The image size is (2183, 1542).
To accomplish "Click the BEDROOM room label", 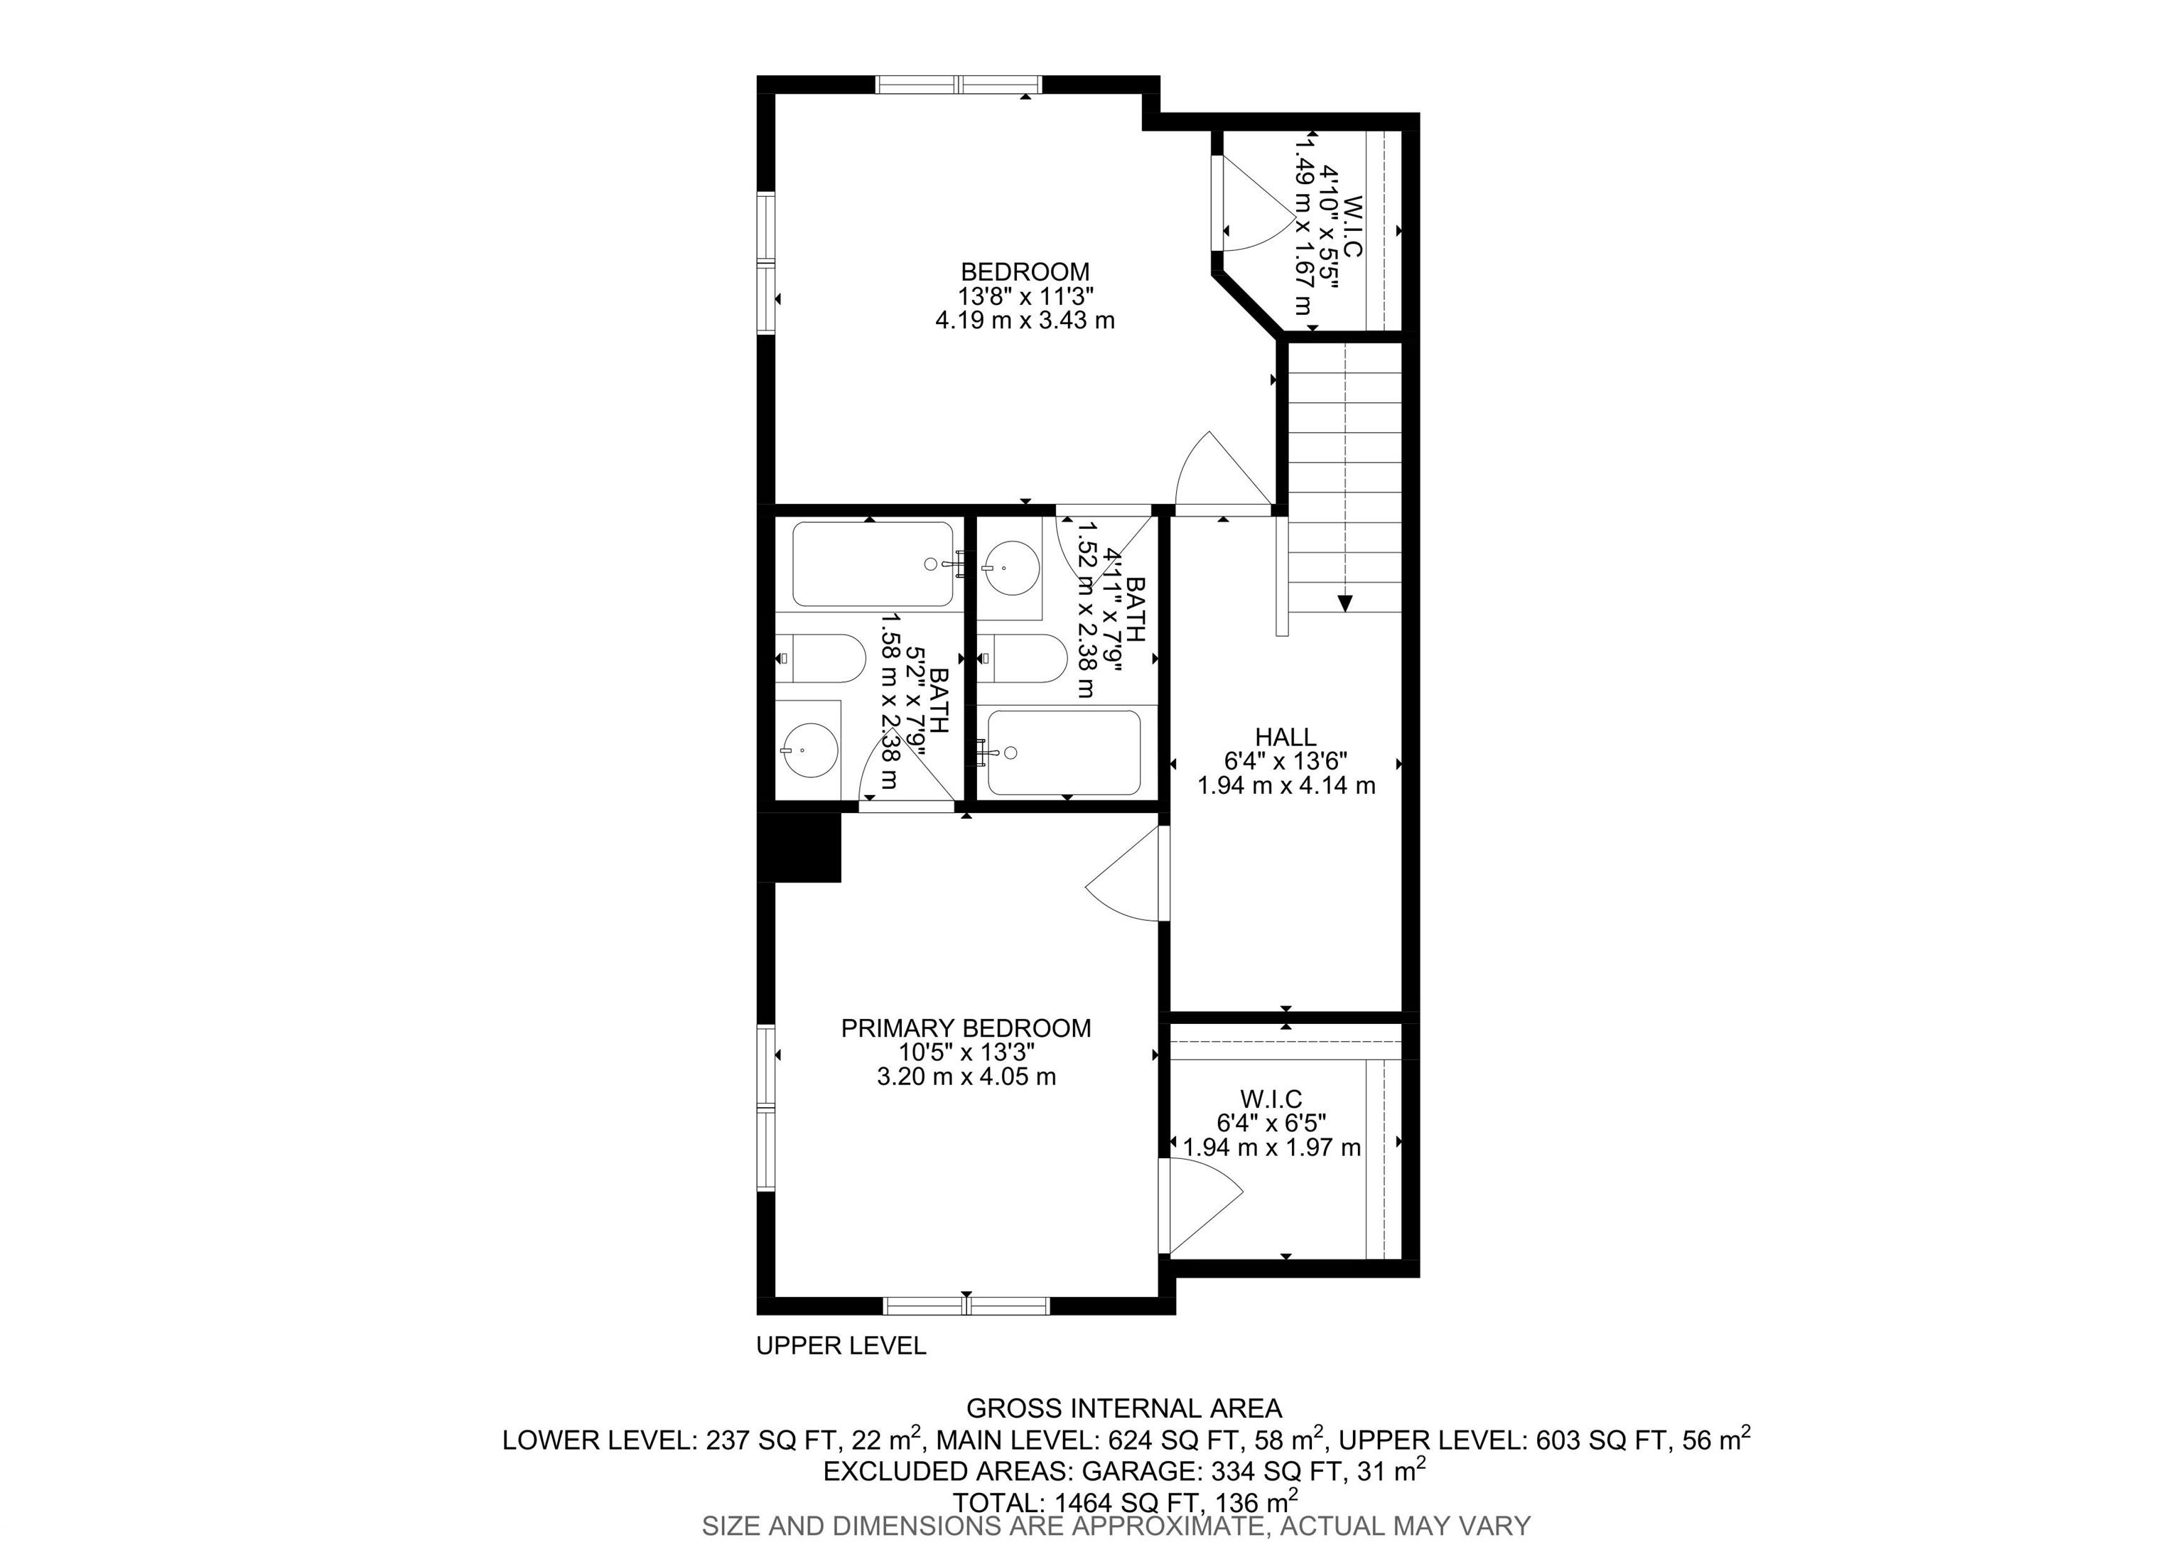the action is point(1025,272).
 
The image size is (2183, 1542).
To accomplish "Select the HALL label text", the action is point(1285,737).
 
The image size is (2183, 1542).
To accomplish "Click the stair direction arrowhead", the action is point(1345,603).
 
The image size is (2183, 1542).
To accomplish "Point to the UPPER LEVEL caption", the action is point(841,1345).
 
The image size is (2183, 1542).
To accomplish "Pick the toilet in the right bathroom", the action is point(1022,658).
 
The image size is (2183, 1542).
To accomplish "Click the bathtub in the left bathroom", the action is point(873,564).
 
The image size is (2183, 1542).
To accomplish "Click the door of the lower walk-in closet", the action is point(1201,1207).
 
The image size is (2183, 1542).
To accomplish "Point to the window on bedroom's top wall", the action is point(959,85).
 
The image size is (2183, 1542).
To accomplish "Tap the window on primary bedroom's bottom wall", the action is point(966,1305).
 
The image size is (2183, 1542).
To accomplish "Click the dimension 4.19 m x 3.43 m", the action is point(1025,320).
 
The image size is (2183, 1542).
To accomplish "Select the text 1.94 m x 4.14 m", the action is point(1285,785).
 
